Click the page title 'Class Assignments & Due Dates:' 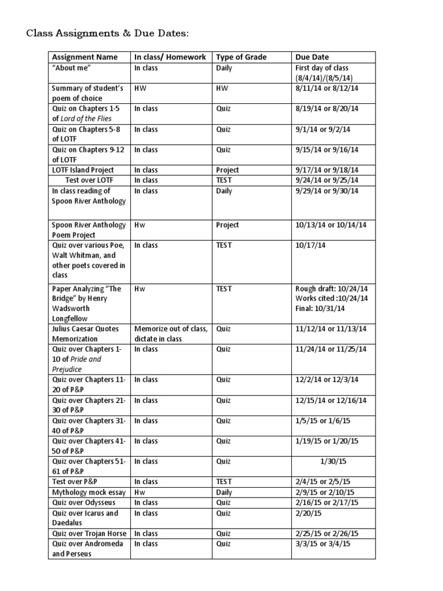tap(108, 34)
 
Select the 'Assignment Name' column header tap(84, 57)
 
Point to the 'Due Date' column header tap(312, 57)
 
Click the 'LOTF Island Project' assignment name tap(83, 170)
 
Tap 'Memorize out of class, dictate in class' tap(170, 334)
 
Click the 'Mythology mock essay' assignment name tap(86, 492)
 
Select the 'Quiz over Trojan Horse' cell tap(89, 533)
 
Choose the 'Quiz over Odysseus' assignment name tap(83, 503)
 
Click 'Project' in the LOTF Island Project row tap(227, 170)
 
